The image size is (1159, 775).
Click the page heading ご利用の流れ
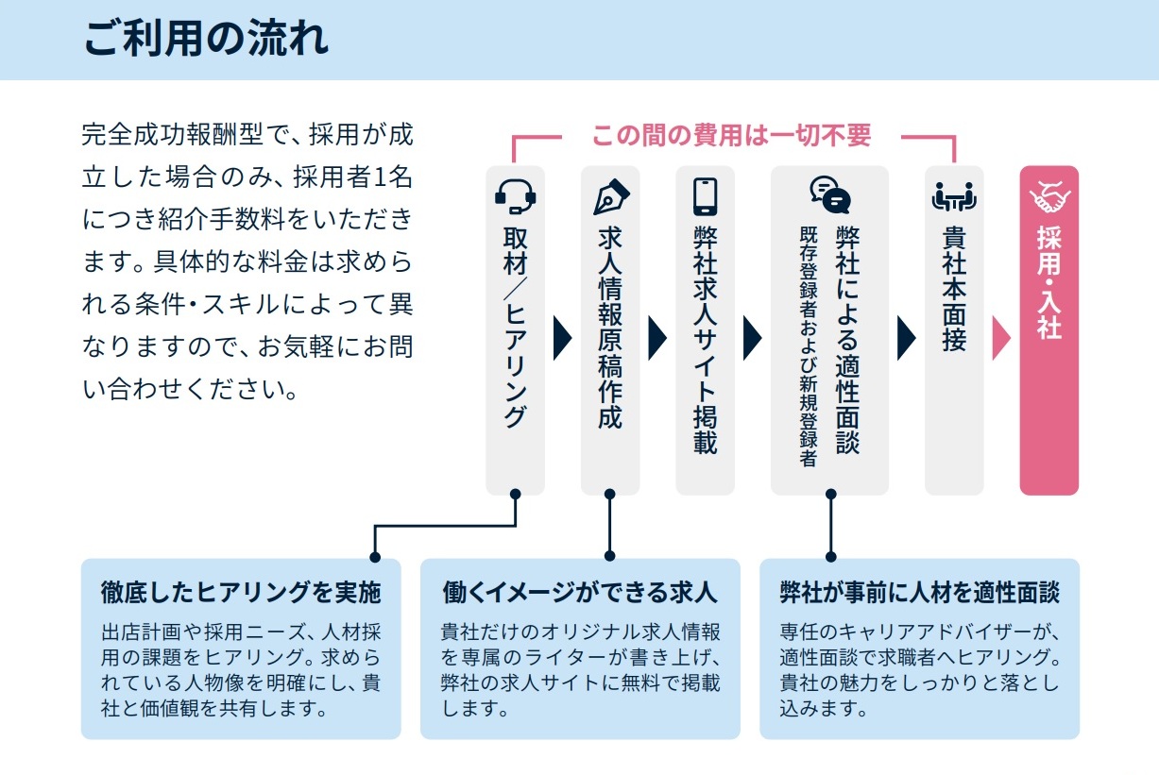(x=206, y=39)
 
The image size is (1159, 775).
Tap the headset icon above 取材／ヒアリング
(x=515, y=195)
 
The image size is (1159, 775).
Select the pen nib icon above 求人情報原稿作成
(x=609, y=195)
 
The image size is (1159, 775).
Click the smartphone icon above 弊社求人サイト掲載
(x=705, y=195)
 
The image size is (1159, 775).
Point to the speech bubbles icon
(x=829, y=194)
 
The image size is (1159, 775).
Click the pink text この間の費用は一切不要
(x=731, y=135)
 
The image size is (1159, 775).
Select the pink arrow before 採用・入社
(x=1001, y=338)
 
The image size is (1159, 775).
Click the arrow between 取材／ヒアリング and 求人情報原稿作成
(x=563, y=338)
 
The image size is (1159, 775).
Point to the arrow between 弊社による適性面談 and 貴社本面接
(x=907, y=338)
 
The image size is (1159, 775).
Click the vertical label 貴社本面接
(x=954, y=289)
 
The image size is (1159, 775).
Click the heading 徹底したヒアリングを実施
(x=241, y=593)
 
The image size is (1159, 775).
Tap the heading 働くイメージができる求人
(x=580, y=593)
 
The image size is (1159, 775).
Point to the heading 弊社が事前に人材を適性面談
(x=919, y=593)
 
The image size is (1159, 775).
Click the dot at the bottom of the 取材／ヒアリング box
(x=515, y=494)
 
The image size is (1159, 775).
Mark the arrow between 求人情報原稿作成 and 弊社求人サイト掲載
(x=657, y=338)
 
